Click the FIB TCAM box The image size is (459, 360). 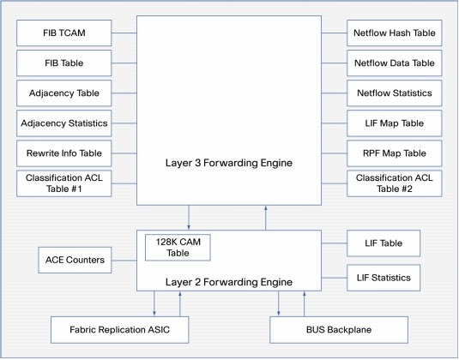pos(63,33)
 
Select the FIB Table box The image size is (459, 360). pos(63,63)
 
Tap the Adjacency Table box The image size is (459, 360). pos(63,93)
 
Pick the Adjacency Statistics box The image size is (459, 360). pos(63,123)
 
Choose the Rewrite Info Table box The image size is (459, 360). pos(63,153)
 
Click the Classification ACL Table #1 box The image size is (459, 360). pos(63,183)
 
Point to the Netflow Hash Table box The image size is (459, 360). pos(395,33)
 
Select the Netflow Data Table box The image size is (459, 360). pos(395,63)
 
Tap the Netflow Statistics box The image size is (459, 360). pos(395,93)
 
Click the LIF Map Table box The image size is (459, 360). pos(395,123)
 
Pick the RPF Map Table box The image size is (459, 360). pos(395,153)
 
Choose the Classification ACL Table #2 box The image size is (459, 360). pos(395,183)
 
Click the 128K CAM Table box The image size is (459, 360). pos(178,248)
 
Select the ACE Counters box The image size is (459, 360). pos(75,260)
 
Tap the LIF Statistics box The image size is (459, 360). pos(384,278)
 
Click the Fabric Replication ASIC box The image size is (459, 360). pos(120,330)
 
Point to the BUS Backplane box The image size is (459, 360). pos(339,330)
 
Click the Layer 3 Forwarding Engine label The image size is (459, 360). pos(229,163)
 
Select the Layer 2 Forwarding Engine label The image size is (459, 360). pos(229,282)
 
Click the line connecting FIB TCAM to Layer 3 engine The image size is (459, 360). pos(124,33)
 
